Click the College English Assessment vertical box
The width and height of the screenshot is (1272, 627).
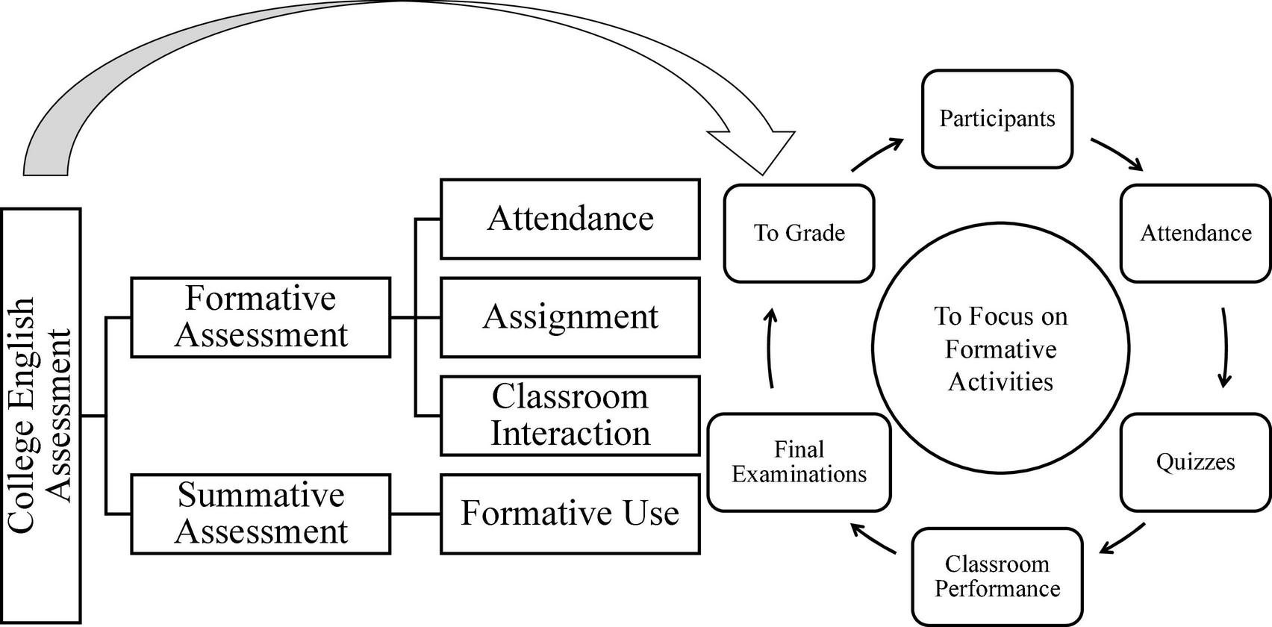pos(42,416)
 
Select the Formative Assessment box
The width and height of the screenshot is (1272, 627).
pos(261,317)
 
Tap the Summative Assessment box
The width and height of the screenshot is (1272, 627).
pos(261,514)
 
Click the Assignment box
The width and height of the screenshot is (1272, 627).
pos(570,317)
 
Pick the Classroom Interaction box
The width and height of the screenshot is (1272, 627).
pos(570,416)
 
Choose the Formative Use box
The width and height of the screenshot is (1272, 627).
pos(570,514)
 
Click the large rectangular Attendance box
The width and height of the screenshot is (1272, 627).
pos(570,219)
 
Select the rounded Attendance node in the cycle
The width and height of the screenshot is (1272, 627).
pos(1195,234)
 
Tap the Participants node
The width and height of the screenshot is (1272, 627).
pos(997,119)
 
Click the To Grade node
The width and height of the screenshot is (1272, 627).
pos(799,234)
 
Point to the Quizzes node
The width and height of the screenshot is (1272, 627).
pos(1195,462)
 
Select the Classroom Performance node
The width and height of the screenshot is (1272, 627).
pos(997,576)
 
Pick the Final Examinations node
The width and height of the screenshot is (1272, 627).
pos(799,462)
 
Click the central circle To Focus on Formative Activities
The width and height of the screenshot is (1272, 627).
pos(1000,349)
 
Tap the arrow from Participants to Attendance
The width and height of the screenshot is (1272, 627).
pos(1117,153)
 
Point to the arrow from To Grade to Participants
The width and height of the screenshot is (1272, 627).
pos(878,153)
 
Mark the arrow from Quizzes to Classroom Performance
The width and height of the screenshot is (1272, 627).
pos(1122,538)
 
